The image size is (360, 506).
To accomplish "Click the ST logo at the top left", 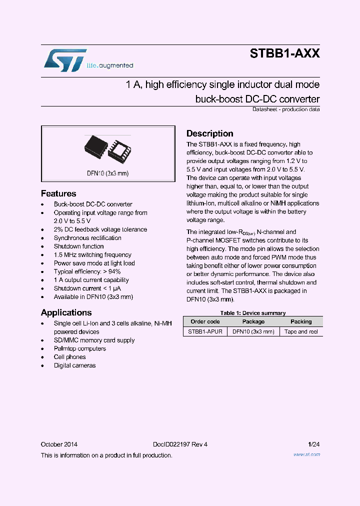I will pos(65,60).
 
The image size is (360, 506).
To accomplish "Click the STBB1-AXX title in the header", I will pos(284,53).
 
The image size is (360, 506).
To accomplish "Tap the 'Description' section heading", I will pos(210,133).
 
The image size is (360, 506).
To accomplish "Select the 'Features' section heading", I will pos(58,193).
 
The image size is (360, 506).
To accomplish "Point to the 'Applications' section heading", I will pos(66,312).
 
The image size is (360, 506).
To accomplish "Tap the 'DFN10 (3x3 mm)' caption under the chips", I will pos(107,173).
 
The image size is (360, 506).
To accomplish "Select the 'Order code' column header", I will pos(205,321).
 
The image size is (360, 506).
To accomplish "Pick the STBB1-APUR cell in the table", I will pos(205,331).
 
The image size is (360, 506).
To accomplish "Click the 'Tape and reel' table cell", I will pos(301,331).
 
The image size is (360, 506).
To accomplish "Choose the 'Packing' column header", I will pos(301,321).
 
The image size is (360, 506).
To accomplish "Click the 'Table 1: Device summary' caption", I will pos(253,313).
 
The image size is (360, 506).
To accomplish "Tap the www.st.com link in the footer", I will pos(306,454).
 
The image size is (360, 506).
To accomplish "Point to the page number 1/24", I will pos(314,444).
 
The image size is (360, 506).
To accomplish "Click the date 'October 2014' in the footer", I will pos(59,444).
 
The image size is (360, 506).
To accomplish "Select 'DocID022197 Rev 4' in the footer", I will pos(180,444).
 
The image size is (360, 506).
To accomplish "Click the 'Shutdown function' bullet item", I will pos(78,246).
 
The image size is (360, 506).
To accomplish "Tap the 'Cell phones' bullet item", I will pos(69,357).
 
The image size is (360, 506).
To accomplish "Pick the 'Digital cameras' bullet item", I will pos(74,365).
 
